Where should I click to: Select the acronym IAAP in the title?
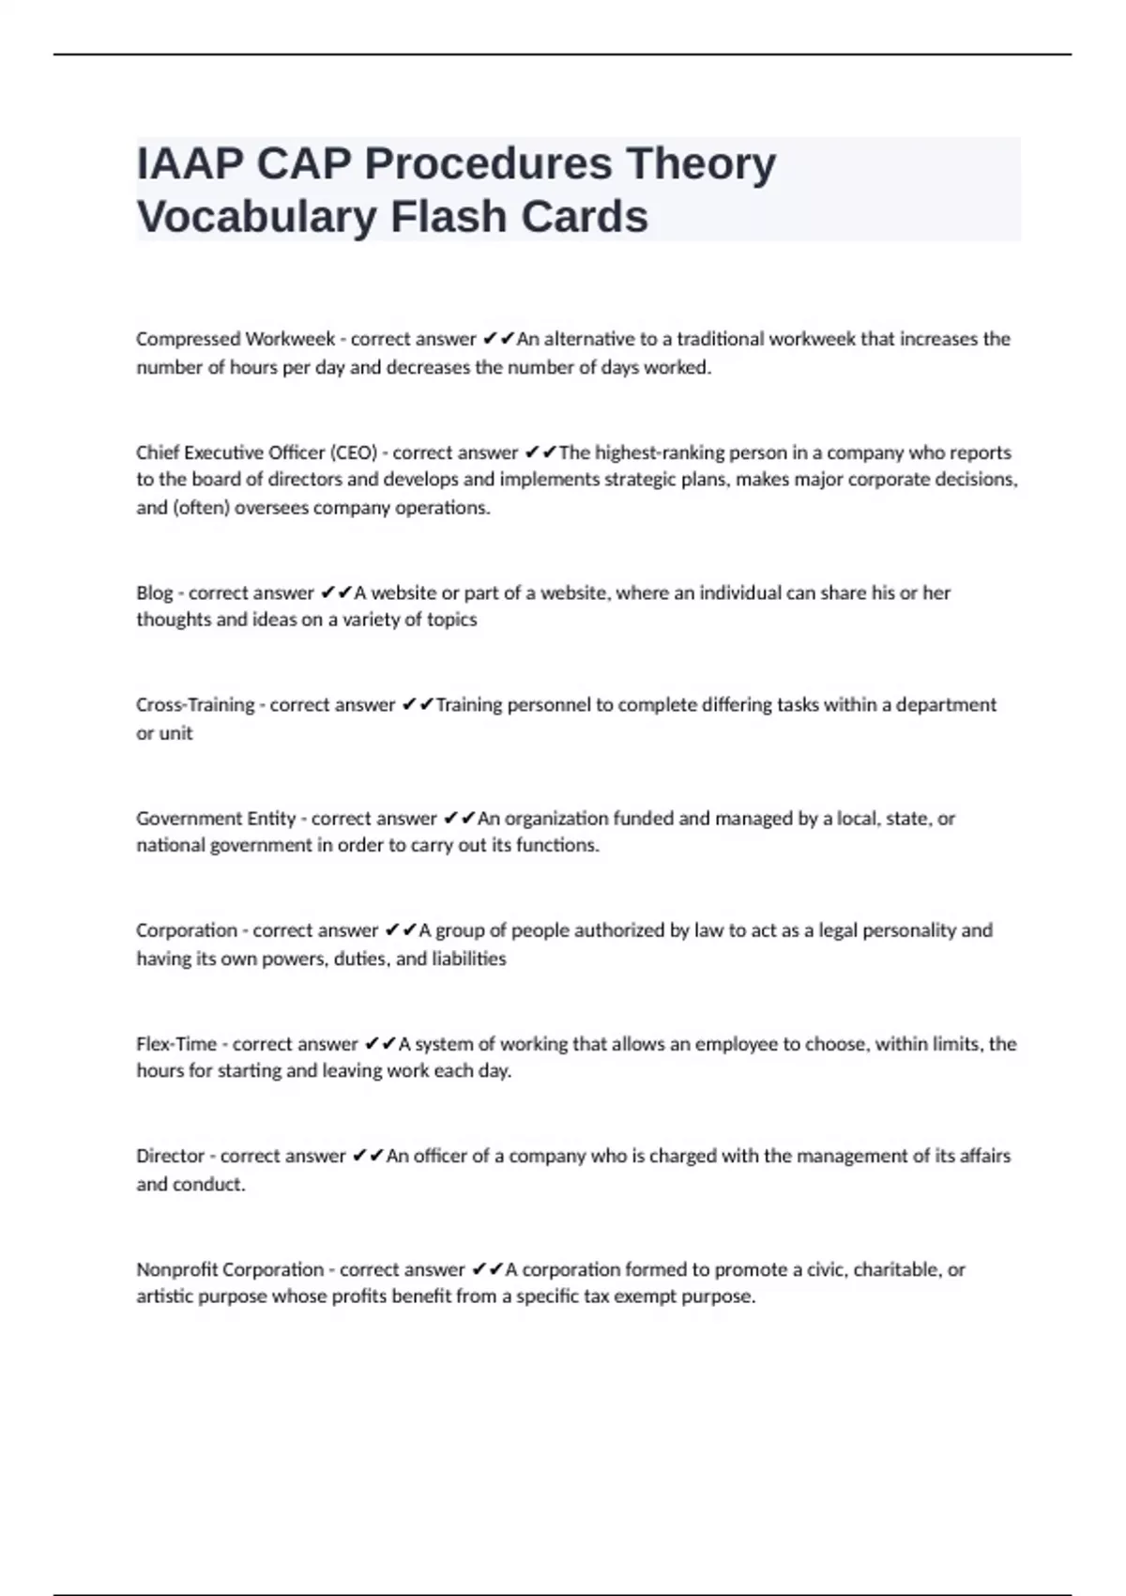190,164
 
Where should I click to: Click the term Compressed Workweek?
236,339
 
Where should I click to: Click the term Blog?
155,592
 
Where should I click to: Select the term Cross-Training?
195,705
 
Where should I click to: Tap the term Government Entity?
216,819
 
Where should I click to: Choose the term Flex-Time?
176,1044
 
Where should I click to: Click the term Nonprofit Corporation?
230,1269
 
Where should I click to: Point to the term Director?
170,1156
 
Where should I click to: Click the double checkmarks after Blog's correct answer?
336,592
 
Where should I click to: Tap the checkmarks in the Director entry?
368,1156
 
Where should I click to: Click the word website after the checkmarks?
403,592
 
